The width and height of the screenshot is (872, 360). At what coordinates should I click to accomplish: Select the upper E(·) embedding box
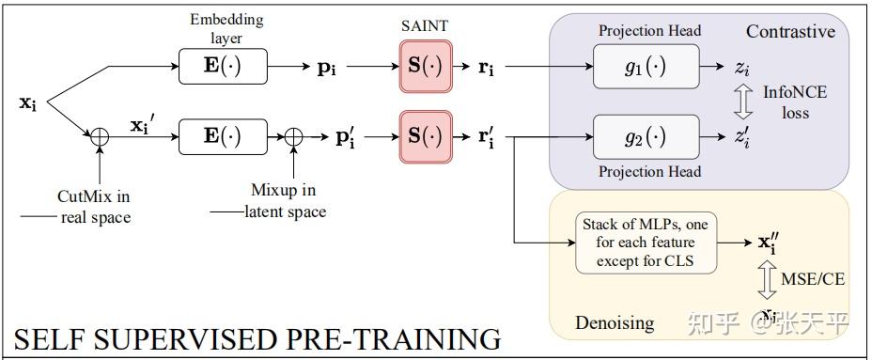click(223, 67)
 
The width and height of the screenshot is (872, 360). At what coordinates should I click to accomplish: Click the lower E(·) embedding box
click(223, 136)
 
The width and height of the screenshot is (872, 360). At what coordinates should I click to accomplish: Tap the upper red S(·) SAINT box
click(426, 67)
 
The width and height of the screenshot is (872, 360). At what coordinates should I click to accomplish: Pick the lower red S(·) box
click(426, 136)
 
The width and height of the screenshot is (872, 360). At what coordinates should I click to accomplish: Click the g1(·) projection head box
click(646, 67)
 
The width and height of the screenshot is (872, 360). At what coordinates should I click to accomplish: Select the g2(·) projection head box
click(646, 136)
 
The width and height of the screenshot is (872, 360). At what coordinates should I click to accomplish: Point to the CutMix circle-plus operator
click(99, 136)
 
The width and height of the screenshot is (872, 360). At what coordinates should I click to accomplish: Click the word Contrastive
click(790, 32)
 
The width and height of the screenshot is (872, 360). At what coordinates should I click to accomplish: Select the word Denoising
click(614, 322)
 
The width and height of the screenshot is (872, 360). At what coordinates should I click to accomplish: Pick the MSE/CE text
click(807, 278)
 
